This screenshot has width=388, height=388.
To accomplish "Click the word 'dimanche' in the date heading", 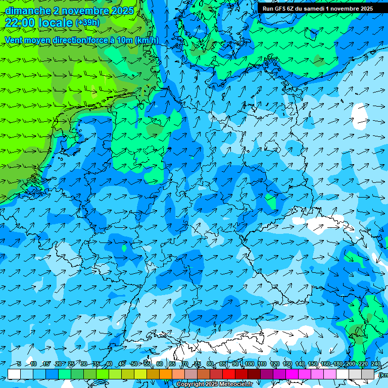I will pyautogui.click(x=28, y=11).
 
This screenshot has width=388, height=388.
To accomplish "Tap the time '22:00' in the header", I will pyautogui.click(x=20, y=23).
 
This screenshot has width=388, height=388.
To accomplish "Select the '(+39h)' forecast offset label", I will pyautogui.click(x=87, y=23).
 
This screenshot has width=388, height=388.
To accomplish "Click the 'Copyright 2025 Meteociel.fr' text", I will pyautogui.click(x=214, y=384).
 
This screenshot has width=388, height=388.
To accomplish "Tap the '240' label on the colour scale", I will pyautogui.click(x=376, y=364).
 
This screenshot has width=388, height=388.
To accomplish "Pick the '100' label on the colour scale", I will pyautogui.click(x=249, y=364).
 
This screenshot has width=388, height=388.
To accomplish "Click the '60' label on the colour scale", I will pyautogui.click(x=160, y=364).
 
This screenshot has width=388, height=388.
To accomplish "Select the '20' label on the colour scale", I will pyautogui.click(x=58, y=364).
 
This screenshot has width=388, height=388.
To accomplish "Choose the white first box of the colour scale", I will pyautogui.click(x=14, y=374).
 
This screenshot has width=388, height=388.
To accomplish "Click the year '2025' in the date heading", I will pyautogui.click(x=122, y=11).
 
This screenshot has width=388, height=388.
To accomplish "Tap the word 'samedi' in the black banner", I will pyautogui.click(x=314, y=9).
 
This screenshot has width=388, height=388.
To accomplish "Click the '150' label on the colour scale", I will pyautogui.click(x=313, y=364).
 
